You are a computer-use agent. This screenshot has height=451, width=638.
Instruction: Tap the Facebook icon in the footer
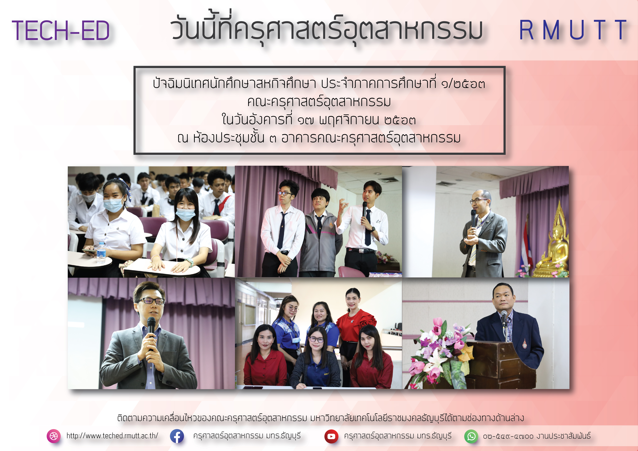click(x=177, y=436)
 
